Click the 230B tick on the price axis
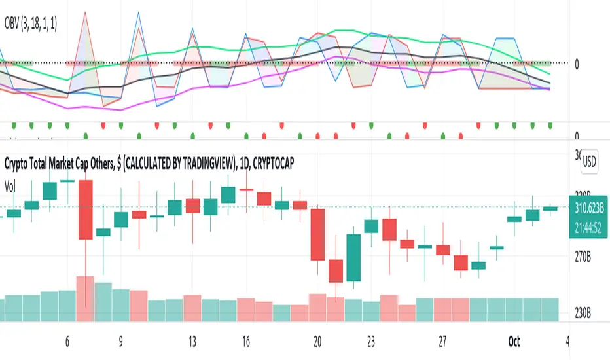(584, 312)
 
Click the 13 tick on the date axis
(192, 342)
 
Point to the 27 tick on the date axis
(443, 342)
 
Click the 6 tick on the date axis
(67, 342)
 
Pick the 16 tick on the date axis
(245, 342)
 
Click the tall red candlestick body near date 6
(86, 209)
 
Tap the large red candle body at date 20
(317, 234)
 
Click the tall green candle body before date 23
(353, 258)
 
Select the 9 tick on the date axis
(121, 342)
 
